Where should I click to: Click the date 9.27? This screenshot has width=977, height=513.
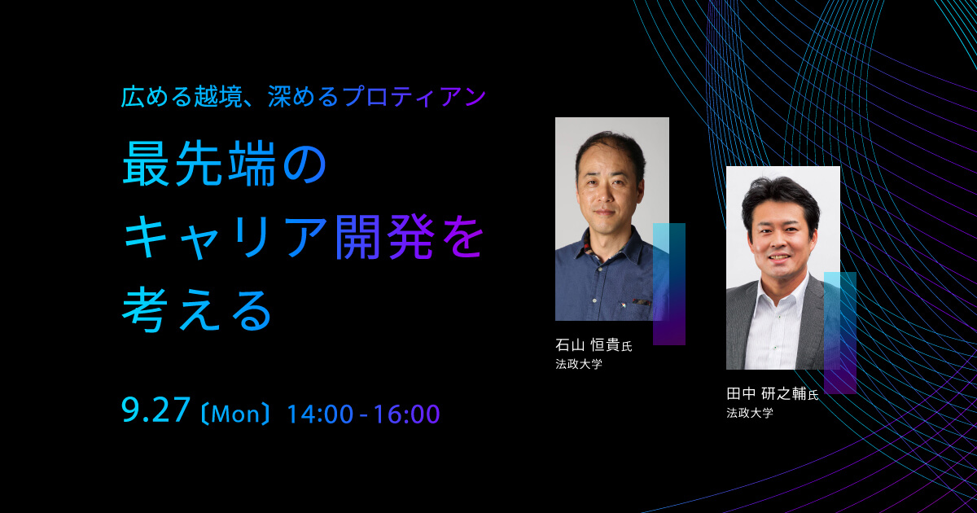point(156,411)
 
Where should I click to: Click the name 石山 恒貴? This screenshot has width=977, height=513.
point(588,345)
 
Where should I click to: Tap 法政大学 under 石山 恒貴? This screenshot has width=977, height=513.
point(579,364)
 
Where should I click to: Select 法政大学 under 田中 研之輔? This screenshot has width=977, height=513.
point(750,413)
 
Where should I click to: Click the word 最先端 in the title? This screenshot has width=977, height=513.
point(199,164)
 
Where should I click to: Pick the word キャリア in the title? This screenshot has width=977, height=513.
point(226,238)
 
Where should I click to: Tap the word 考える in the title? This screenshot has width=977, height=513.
point(197,310)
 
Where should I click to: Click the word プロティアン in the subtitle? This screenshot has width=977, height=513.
point(414,96)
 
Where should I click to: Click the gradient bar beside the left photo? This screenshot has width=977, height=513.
point(669,284)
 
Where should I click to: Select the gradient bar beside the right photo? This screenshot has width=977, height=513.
point(840,333)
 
